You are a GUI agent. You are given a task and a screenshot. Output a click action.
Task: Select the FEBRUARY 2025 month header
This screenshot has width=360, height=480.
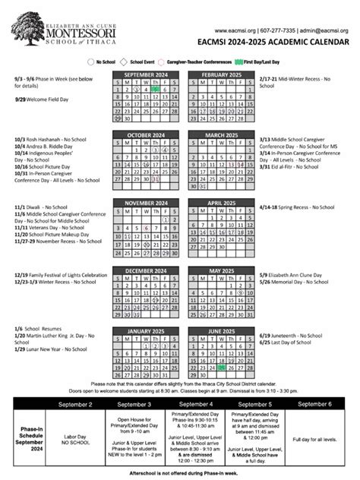click(221, 74)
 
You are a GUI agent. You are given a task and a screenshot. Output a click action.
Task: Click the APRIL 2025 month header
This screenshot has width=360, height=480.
click(221, 204)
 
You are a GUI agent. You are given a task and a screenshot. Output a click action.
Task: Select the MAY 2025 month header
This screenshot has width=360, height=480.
click(221, 271)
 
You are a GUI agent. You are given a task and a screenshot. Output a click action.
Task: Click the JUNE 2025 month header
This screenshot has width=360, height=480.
click(221, 332)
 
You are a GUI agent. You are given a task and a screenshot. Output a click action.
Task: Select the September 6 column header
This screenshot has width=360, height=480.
click(319, 404)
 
